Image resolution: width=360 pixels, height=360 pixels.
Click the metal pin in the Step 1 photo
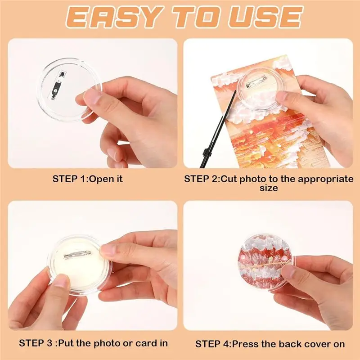point(57,85)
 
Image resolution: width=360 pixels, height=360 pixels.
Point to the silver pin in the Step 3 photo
point(77,254)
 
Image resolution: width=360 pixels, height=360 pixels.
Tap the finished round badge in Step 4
point(266,263)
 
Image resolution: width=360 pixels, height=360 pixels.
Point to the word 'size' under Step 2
point(269,188)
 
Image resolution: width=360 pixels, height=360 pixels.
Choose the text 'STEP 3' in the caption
point(36,343)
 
